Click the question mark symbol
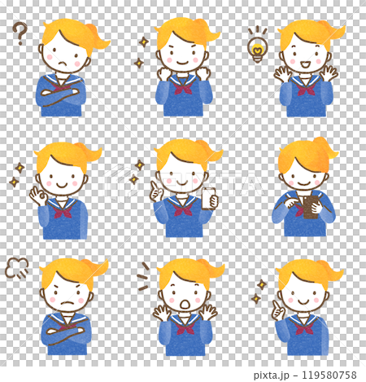click(x=20, y=33)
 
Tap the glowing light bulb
click(x=258, y=46)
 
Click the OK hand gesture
click(x=36, y=196)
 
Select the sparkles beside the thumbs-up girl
click(x=259, y=291)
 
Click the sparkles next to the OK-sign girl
click(x=17, y=175)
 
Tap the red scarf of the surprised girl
click(x=185, y=326)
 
